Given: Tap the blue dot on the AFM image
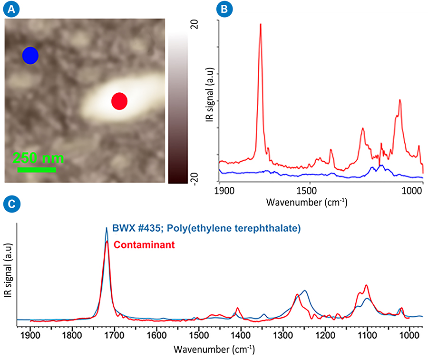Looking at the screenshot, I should pos(30,56).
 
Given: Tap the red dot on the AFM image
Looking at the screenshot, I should pos(119,101).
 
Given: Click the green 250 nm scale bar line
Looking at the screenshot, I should pos(37,169).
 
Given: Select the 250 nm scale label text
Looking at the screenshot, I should pos(38,158).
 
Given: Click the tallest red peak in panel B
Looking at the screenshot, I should pos(260,25).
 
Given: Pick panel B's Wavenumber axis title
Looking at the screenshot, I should pos(307,202).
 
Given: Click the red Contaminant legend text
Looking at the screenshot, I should pos(144,245).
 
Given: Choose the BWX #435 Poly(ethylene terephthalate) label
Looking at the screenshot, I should pos(206,228).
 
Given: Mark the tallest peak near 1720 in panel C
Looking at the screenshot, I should pos(107,229).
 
